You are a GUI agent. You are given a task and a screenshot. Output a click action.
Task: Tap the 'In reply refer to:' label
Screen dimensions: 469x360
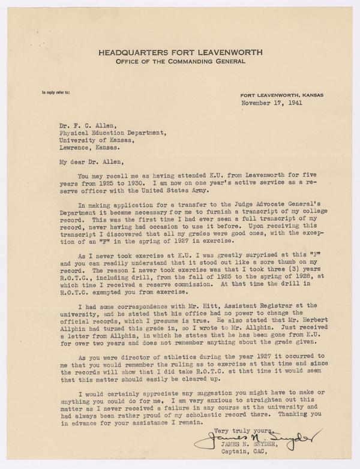click(56, 92)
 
